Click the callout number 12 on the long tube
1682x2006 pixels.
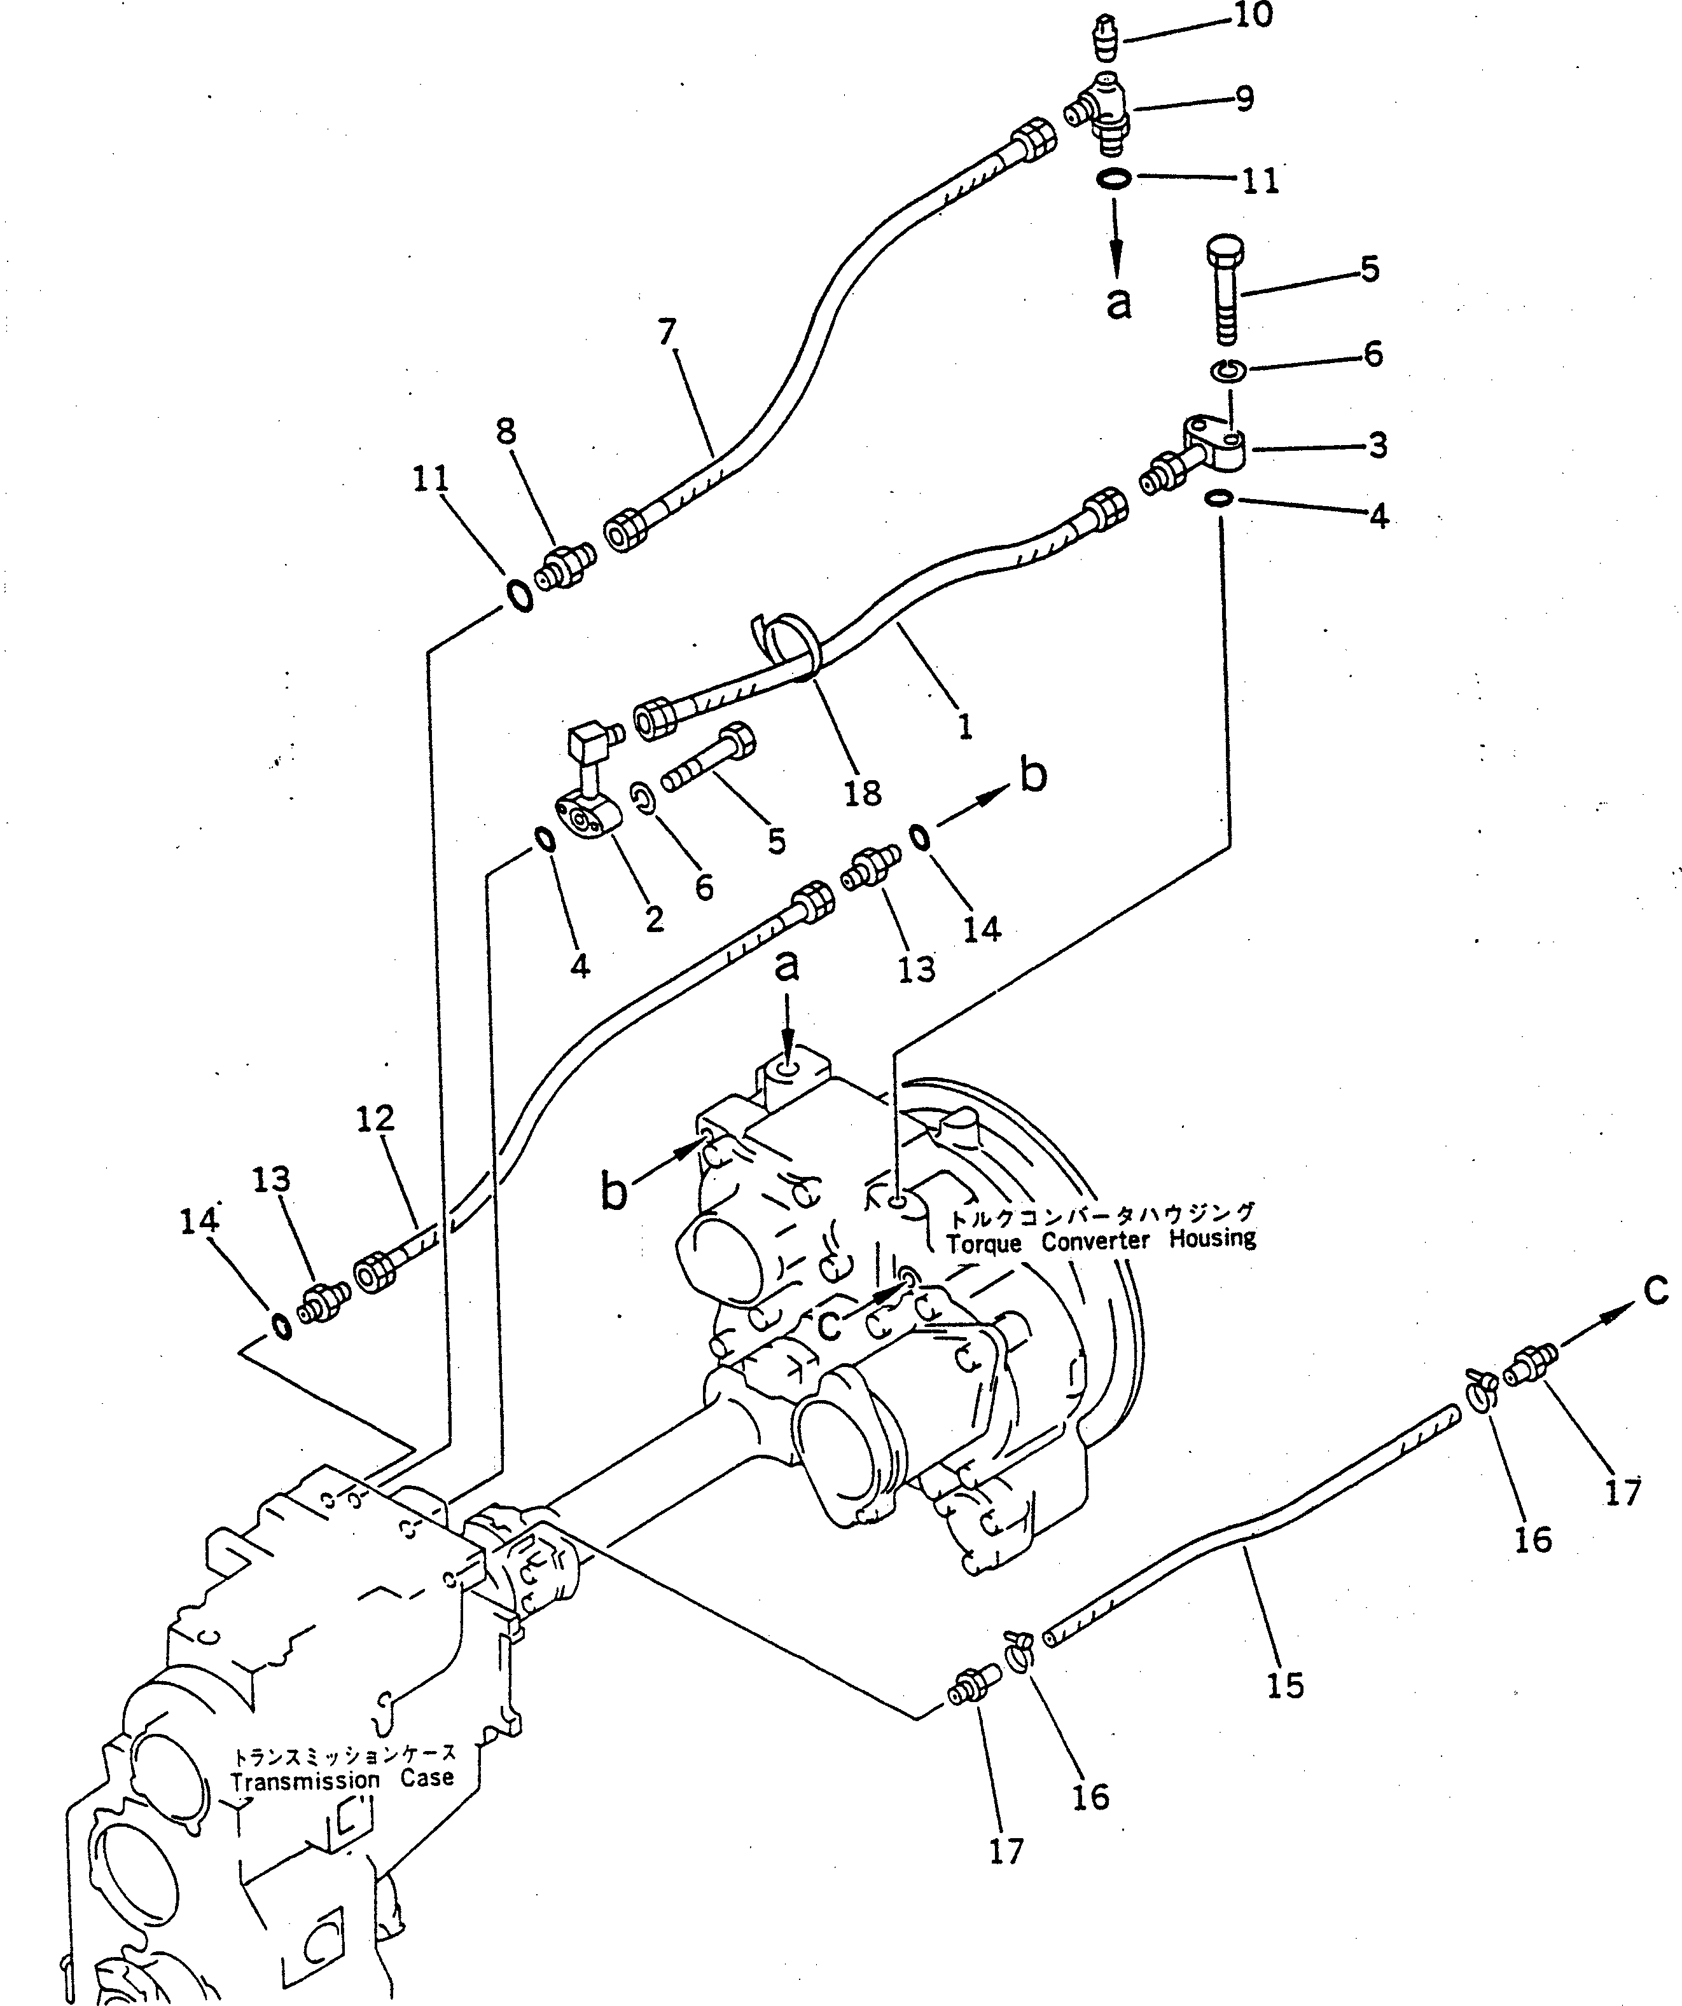pos(375,1118)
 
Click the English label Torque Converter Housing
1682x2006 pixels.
pos(1101,1241)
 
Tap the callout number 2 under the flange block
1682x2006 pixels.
pos(654,918)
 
